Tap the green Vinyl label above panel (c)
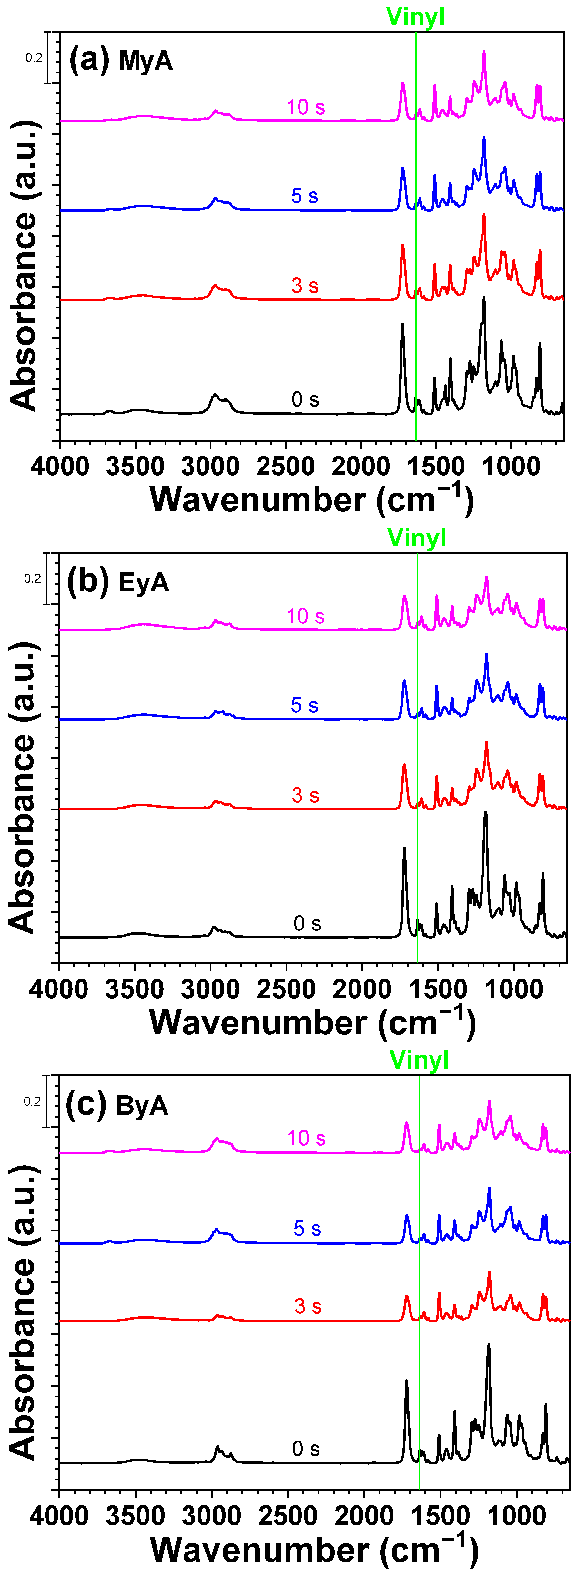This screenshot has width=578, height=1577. tap(419, 1060)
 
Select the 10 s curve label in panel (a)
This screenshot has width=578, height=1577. tap(306, 107)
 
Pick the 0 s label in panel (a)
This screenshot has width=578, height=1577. tap(305, 400)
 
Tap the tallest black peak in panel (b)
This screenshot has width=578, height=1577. tap(486, 813)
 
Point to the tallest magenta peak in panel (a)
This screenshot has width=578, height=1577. tap(484, 53)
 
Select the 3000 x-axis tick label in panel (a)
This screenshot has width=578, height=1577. tap(210, 467)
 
